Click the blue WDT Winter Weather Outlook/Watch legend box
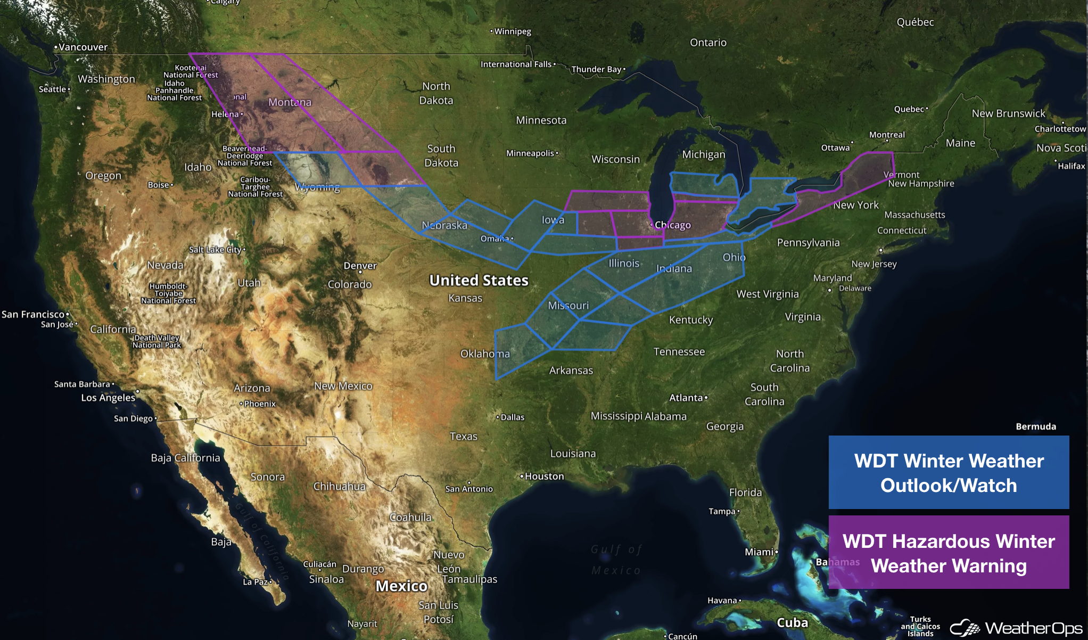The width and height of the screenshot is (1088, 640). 949,472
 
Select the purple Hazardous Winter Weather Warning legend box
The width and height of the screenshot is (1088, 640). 949,552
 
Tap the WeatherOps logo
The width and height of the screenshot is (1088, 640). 1017,628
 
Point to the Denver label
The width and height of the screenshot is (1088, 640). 360,266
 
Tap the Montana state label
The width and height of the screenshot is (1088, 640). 290,102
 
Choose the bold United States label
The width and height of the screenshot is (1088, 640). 479,281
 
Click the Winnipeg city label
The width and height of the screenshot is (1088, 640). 512,31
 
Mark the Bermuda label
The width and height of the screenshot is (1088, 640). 1035,426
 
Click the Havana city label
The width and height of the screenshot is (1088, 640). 722,601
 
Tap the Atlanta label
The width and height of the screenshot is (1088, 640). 687,398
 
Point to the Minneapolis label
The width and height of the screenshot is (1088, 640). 530,153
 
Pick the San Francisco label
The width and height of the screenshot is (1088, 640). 33,315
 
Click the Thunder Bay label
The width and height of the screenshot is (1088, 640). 596,69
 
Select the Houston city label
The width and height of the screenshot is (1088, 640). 544,477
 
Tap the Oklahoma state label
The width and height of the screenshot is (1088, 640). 485,354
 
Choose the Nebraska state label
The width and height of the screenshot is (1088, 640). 444,225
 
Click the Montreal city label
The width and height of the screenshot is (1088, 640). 887,135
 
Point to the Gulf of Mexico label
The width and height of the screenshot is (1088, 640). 616,560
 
